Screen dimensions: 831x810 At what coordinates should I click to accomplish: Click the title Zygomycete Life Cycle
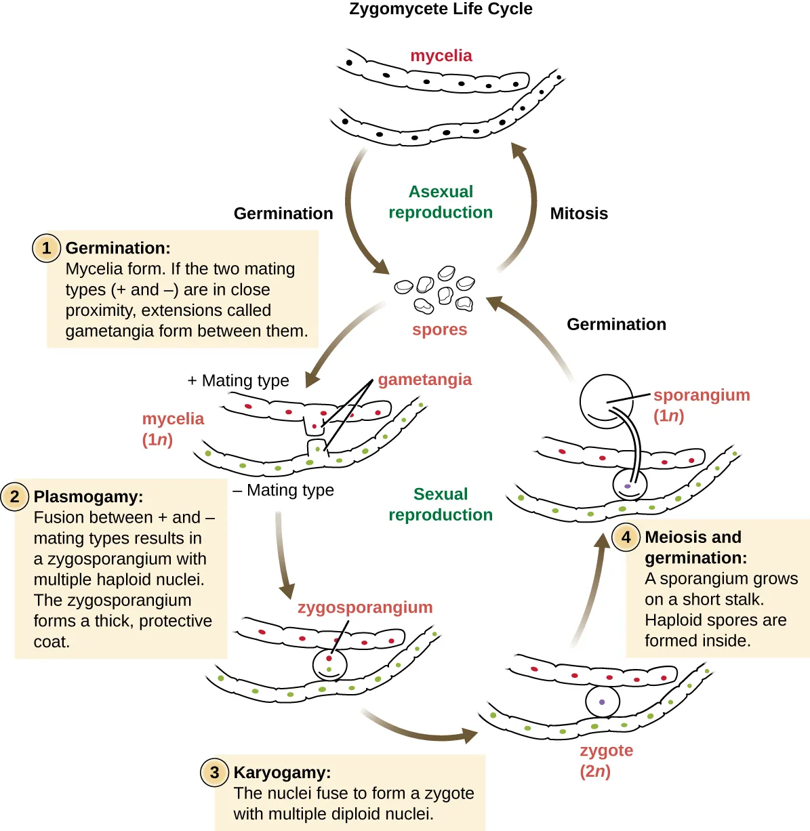441,9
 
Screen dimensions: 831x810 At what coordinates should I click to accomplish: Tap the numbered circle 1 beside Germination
46,248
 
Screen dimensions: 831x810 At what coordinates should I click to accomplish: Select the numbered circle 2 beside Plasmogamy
15,497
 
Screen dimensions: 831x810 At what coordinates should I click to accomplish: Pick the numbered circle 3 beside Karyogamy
215,773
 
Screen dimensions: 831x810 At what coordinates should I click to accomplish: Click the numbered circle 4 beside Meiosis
626,538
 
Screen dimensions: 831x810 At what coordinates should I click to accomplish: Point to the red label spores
439,330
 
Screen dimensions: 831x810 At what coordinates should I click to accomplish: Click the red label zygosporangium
365,607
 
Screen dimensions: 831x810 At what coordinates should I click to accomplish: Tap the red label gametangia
424,380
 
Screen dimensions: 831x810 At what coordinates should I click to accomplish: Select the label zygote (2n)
606,761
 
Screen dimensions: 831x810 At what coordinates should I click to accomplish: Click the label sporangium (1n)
701,405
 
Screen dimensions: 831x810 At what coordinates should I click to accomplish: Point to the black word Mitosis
579,214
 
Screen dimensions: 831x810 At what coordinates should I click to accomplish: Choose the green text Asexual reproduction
441,202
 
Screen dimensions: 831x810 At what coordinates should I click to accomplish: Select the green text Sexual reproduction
441,504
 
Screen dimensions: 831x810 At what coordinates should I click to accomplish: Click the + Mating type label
239,381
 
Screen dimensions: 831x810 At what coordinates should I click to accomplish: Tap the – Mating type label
283,490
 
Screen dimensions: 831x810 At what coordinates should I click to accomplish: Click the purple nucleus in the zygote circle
602,702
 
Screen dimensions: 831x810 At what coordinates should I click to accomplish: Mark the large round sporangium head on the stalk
606,401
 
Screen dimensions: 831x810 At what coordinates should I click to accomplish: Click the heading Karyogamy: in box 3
282,773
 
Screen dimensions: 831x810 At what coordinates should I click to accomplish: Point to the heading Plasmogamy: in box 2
88,497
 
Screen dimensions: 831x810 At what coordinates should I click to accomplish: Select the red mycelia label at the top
441,56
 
